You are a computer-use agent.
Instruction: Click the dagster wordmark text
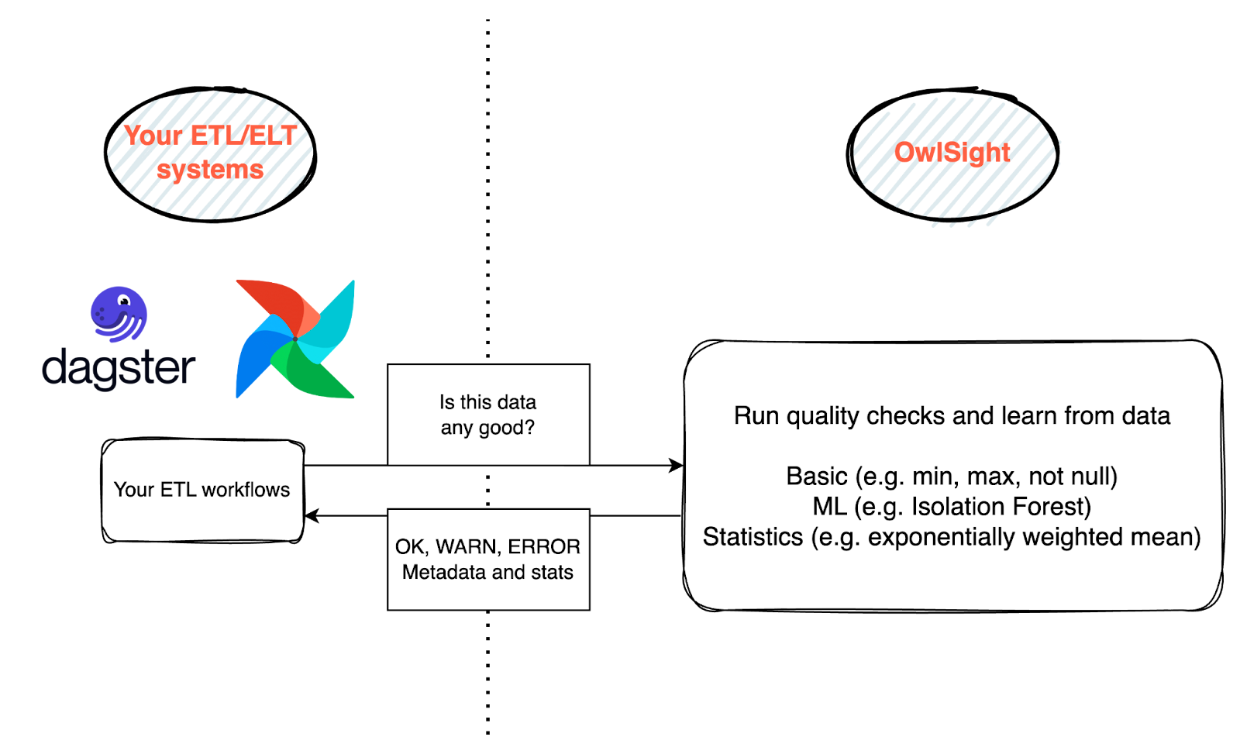pos(119,369)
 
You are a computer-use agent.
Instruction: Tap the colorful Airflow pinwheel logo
pos(295,339)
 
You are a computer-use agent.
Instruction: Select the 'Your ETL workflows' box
pos(201,490)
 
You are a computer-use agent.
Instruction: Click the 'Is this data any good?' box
pos(488,415)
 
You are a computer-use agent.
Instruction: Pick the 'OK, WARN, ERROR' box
pos(488,559)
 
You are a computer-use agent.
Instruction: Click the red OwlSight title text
pos(952,152)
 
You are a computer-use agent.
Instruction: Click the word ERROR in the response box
pos(544,547)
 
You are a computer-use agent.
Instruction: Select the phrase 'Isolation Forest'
pos(1001,507)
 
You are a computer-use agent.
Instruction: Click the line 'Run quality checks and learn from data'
pos(952,416)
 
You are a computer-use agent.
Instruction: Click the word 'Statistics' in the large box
pos(753,537)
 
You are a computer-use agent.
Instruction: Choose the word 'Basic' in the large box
pos(817,476)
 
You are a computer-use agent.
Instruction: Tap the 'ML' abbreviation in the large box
pos(829,507)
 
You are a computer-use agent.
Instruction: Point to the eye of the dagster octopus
pos(122,300)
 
